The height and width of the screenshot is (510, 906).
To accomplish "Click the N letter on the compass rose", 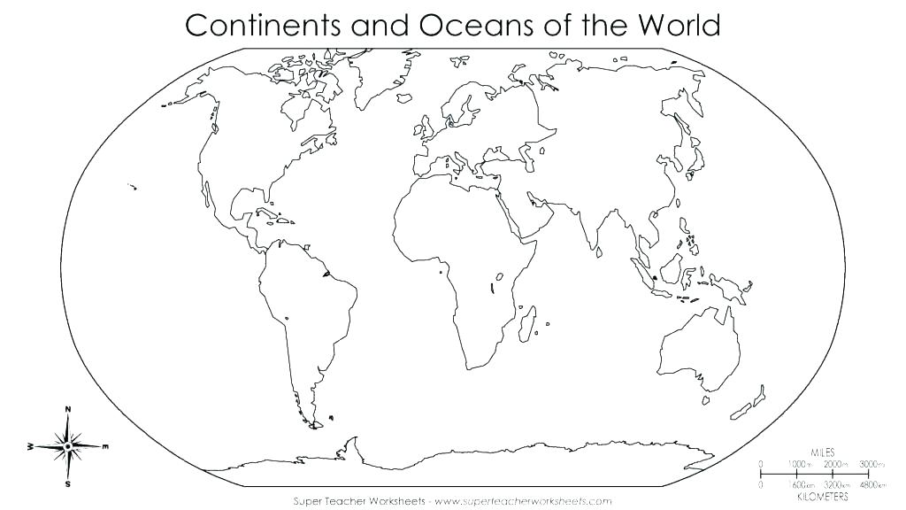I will pyautogui.click(x=68, y=409).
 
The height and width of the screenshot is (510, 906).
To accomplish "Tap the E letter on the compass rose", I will pyautogui.click(x=105, y=446).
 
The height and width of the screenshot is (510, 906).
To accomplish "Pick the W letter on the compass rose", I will pyautogui.click(x=31, y=448).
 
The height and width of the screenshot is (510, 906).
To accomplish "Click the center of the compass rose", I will pyautogui.click(x=68, y=447).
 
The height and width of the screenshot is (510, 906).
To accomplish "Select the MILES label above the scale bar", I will pyautogui.click(x=822, y=452).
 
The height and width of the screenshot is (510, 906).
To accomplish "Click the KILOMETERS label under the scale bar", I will pyautogui.click(x=822, y=496).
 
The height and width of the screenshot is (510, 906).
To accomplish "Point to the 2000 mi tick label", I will pyautogui.click(x=833, y=464).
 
